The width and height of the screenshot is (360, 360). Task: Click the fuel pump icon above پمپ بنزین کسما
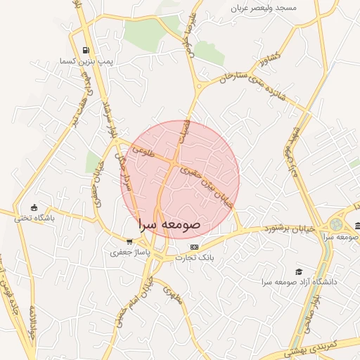[x=86, y=51]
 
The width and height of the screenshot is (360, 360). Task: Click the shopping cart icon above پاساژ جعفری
[x=128, y=241]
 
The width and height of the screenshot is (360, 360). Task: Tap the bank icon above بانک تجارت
[x=195, y=247]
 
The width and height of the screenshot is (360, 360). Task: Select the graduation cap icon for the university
[x=299, y=271]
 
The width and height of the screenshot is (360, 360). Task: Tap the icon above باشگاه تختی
[x=34, y=207]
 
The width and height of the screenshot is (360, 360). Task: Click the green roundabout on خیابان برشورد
[x=335, y=226]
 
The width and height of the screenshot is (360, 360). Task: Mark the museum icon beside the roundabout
[x=357, y=226]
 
